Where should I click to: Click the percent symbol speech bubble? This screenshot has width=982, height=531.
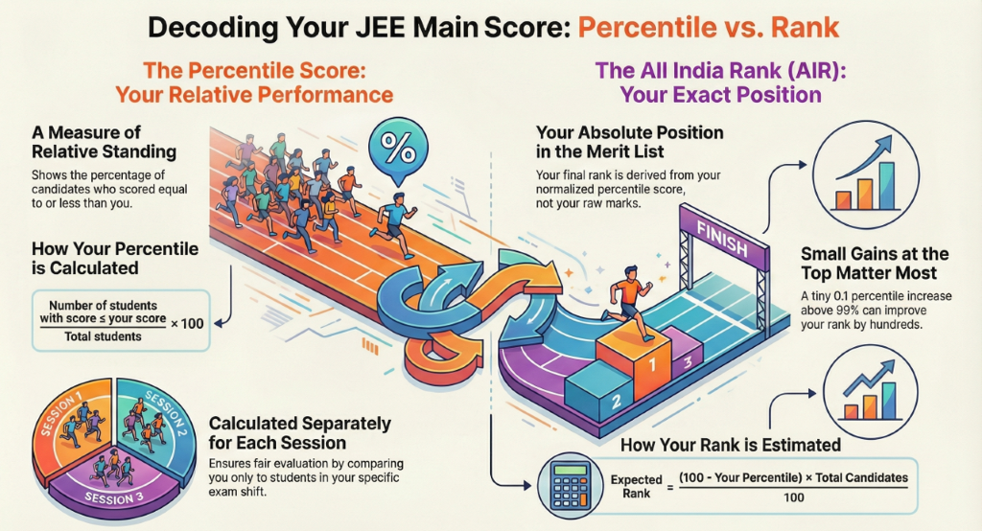click(394, 151)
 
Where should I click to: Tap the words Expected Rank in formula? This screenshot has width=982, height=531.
click(636, 486)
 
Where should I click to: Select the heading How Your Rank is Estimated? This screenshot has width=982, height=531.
click(731, 445)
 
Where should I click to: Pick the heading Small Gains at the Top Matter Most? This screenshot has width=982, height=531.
click(874, 264)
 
